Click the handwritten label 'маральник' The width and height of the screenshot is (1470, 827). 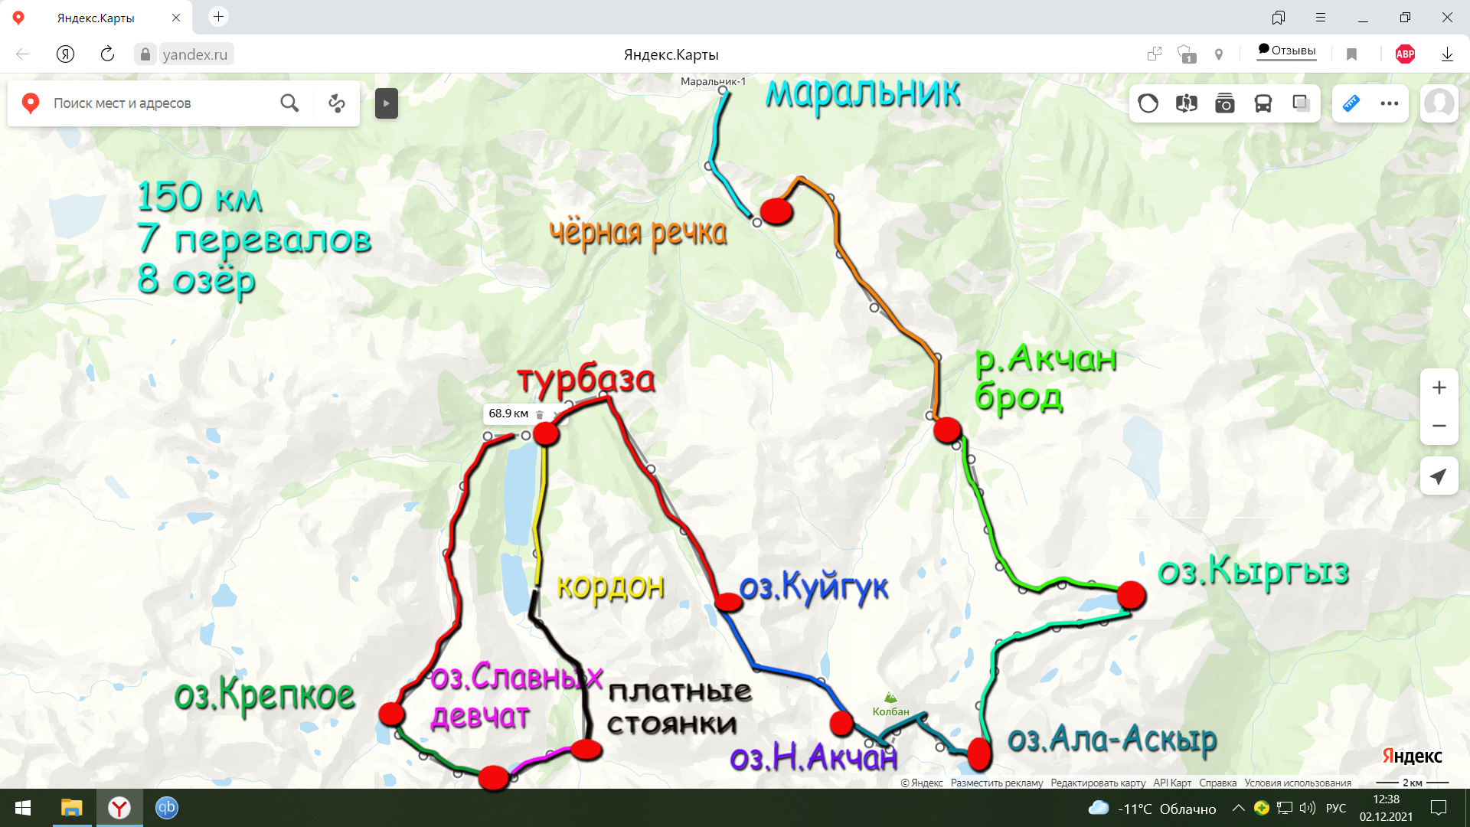coord(863,93)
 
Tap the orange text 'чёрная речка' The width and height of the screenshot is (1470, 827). coord(638,233)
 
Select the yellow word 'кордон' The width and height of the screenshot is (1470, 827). coord(610,587)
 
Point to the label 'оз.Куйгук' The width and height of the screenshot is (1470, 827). coord(813,587)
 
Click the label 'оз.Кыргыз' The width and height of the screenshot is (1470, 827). coord(1253,572)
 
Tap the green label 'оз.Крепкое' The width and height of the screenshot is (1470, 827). coord(264,695)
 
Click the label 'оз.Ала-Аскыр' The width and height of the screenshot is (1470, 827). coord(1112,740)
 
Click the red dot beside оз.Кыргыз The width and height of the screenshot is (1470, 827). coord(1131,595)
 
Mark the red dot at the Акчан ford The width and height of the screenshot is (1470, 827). coord(947,430)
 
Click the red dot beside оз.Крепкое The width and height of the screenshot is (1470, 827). coord(392,714)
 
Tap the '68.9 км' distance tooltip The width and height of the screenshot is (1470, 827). coord(508,413)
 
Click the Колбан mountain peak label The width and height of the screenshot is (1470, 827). coord(890,711)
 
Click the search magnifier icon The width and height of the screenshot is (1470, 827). coord(289,103)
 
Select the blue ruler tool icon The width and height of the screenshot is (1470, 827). coord(1351,103)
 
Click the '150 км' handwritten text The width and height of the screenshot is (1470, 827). coord(200,198)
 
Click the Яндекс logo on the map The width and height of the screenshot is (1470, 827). coord(1412,757)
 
